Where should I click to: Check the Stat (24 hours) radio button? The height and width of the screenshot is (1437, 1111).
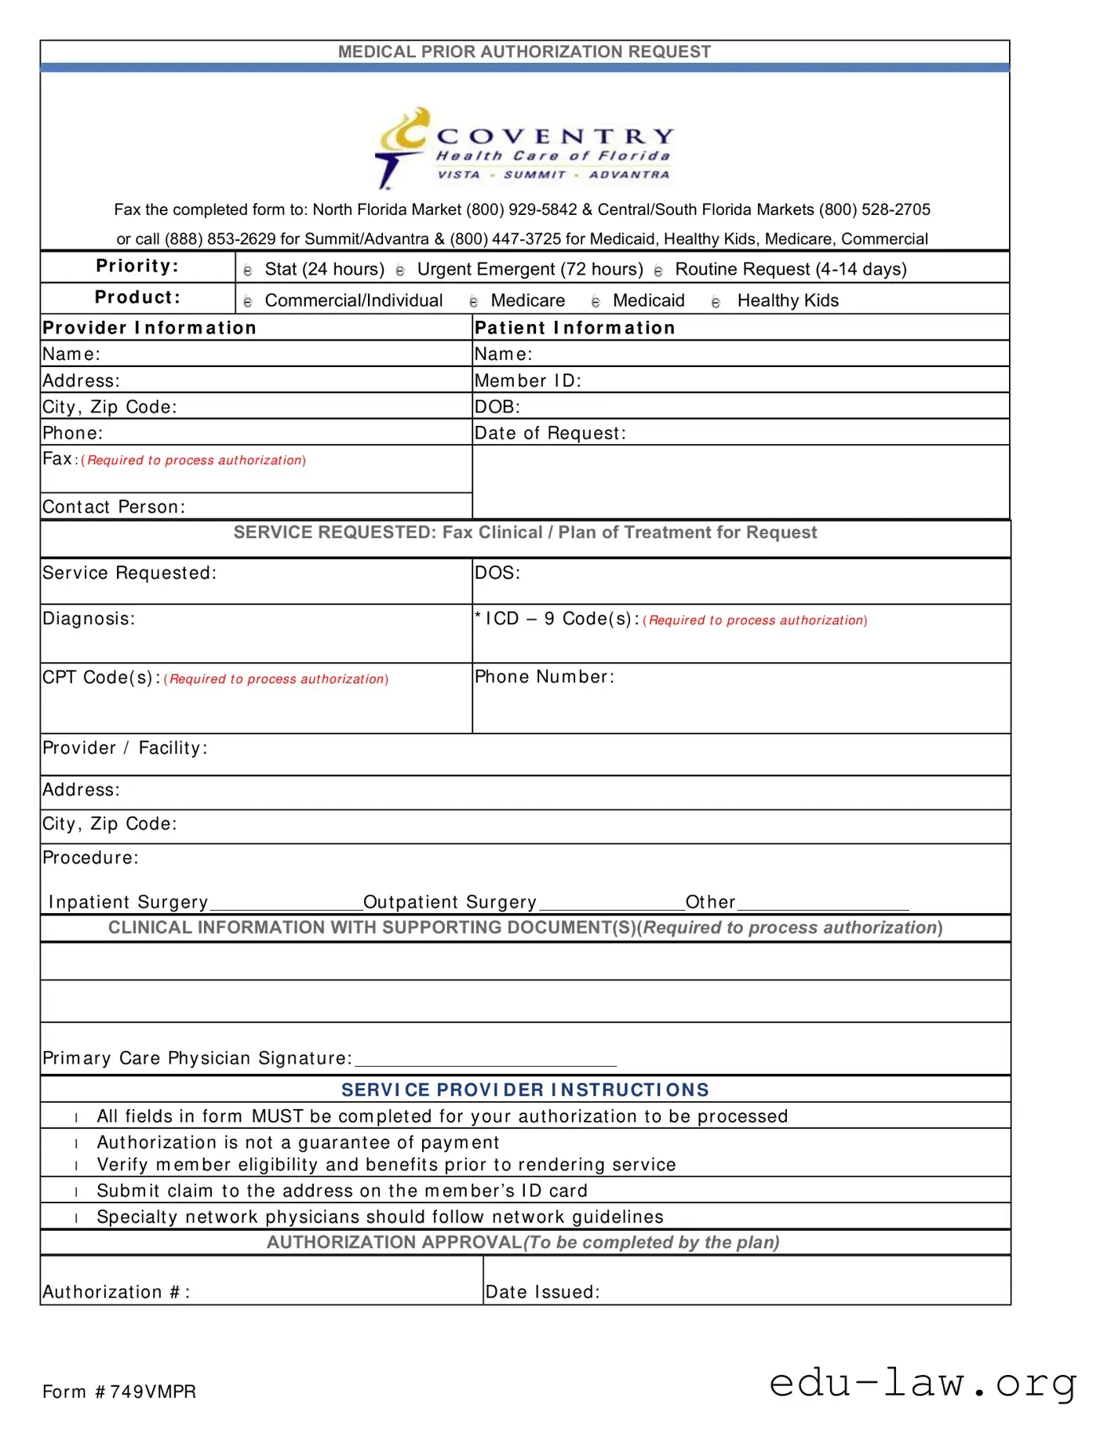pyautogui.click(x=248, y=271)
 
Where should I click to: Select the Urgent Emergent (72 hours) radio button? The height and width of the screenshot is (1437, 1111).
pyautogui.click(x=400, y=271)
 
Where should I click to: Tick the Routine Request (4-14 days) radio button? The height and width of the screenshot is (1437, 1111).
pyautogui.click(x=658, y=271)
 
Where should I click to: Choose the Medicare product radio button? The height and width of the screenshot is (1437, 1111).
pyautogui.click(x=473, y=302)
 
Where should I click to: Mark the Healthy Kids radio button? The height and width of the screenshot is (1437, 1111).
pyautogui.click(x=716, y=302)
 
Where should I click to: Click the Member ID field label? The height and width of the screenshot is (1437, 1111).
pyautogui.click(x=527, y=381)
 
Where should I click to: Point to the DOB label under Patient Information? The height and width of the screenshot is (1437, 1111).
pyautogui.click(x=497, y=407)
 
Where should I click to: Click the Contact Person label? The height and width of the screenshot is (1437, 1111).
pyautogui.click(x=114, y=507)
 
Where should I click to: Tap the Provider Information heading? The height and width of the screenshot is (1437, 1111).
pyautogui.click(x=149, y=328)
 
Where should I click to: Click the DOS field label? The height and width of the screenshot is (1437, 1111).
pyautogui.click(x=497, y=573)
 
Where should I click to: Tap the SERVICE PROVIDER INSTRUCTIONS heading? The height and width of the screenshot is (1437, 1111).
pyautogui.click(x=525, y=1090)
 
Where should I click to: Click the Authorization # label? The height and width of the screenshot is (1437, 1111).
pyautogui.click(x=116, y=1293)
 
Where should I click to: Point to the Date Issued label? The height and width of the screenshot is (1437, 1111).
pyautogui.click(x=542, y=1293)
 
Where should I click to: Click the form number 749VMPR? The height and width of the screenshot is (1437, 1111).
pyautogui.click(x=119, y=1392)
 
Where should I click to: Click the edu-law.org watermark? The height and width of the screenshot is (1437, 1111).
pyautogui.click(x=923, y=1383)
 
